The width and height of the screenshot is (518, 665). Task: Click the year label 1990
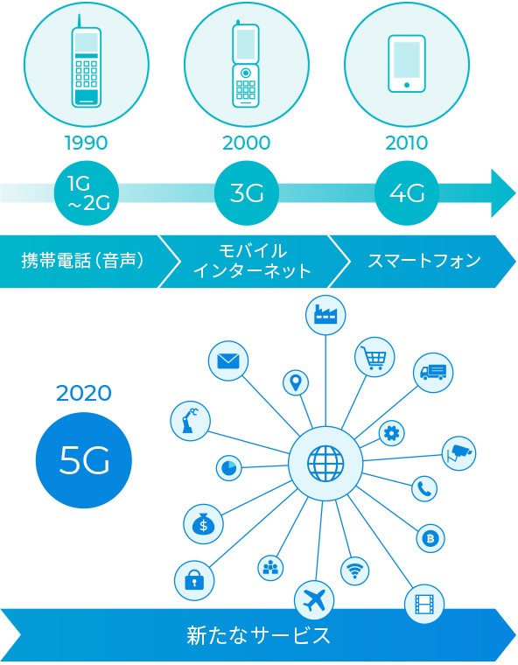[x=86, y=143]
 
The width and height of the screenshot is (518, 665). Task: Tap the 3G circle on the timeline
[x=247, y=193]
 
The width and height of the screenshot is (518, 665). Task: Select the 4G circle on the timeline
[x=407, y=193]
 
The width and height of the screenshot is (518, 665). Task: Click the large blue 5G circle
[x=84, y=460]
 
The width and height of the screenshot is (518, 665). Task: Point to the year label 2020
[x=84, y=393]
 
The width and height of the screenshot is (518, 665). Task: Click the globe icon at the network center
[x=325, y=463]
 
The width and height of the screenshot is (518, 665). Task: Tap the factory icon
[x=325, y=315]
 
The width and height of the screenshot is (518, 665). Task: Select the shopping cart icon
[x=374, y=358]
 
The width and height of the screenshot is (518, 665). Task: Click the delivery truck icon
[x=433, y=372]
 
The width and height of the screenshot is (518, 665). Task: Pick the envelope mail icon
[x=228, y=360]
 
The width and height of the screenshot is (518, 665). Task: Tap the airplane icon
[x=314, y=600]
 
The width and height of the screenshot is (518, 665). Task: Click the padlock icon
[x=194, y=580]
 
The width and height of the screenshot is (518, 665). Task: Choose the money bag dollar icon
[x=204, y=524]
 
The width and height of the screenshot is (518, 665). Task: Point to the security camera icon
[x=458, y=453]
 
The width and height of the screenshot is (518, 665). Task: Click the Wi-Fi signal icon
[x=354, y=570]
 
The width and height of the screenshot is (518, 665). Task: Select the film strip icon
[x=424, y=604]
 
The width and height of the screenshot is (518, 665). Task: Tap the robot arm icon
[x=190, y=420]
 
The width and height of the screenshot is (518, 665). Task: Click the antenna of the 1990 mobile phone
[x=79, y=21]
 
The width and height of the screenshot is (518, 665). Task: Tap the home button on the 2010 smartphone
[x=407, y=85]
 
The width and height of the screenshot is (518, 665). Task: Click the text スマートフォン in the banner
[x=423, y=261]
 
